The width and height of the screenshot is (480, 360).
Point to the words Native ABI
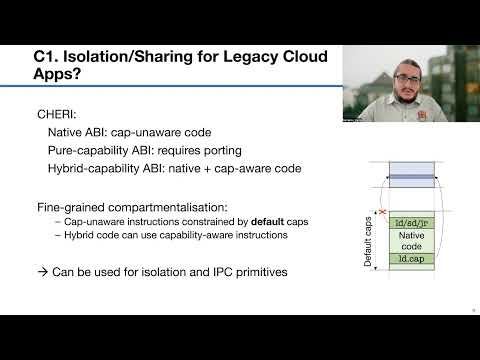pos(78,133)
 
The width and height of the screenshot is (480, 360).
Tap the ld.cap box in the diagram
pos(414,258)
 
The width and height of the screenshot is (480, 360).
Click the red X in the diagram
pos(383,212)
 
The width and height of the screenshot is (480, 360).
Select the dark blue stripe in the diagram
pos(413,178)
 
